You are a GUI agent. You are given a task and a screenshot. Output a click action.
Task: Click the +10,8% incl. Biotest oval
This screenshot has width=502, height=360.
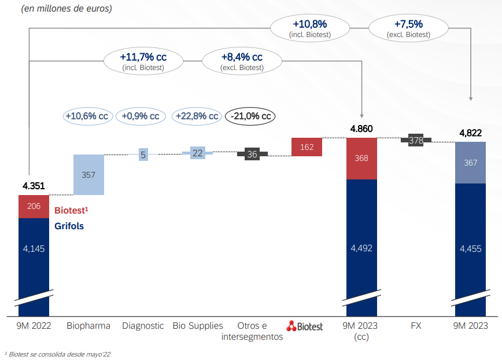click(309, 28)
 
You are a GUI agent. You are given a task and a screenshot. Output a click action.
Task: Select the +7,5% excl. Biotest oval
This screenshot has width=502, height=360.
click(408, 28)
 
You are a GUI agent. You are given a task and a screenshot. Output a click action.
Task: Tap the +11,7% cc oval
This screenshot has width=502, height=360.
click(143, 61)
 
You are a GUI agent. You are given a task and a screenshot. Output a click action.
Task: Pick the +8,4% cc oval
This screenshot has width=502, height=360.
click(242, 61)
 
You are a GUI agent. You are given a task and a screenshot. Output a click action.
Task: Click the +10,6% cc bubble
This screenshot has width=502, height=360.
click(87, 116)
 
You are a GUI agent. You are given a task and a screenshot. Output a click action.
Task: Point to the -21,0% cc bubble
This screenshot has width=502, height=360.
click(250, 116)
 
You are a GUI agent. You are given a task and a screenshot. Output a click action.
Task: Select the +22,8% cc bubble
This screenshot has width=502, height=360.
click(197, 116)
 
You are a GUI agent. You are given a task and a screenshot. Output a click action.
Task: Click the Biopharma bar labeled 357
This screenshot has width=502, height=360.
click(88, 174)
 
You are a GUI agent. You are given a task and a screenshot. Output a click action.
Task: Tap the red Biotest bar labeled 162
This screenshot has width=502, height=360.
click(307, 147)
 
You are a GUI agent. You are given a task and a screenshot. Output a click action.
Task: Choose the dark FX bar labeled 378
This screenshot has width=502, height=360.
click(416, 140)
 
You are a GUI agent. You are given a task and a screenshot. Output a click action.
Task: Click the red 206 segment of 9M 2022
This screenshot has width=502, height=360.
click(34, 206)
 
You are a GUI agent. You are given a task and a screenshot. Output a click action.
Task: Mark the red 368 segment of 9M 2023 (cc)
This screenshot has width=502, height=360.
click(361, 159)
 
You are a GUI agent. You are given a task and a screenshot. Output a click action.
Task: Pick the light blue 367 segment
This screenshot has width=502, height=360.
click(470, 163)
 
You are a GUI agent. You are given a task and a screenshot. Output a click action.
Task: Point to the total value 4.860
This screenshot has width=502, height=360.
click(361, 129)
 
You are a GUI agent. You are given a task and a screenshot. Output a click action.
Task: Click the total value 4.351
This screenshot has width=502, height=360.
click(34, 186)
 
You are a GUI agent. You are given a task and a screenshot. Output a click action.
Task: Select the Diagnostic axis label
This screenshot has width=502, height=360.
click(143, 326)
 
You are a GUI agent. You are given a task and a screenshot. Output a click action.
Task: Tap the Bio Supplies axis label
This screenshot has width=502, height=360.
click(197, 326)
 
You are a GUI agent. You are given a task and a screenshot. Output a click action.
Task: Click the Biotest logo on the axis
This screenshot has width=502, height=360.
click(305, 326)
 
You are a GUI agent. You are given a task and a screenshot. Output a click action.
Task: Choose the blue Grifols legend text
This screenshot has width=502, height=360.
click(69, 226)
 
